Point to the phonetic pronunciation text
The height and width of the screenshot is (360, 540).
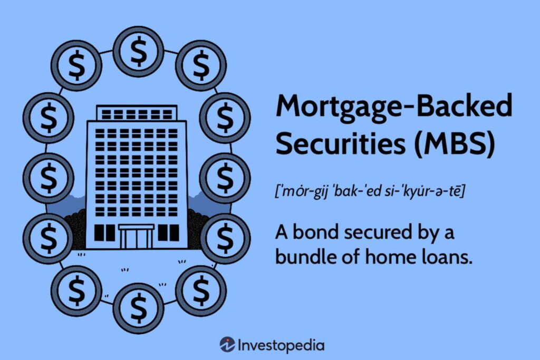tap(369, 192)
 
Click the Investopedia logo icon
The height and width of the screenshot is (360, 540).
tap(227, 345)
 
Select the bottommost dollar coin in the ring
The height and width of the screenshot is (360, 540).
tap(138, 308)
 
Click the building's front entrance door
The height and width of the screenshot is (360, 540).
tap(137, 237)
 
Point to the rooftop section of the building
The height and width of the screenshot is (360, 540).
tap(137, 113)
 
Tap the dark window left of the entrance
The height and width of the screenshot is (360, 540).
tap(103, 232)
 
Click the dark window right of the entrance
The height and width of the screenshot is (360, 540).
tap(169, 232)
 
